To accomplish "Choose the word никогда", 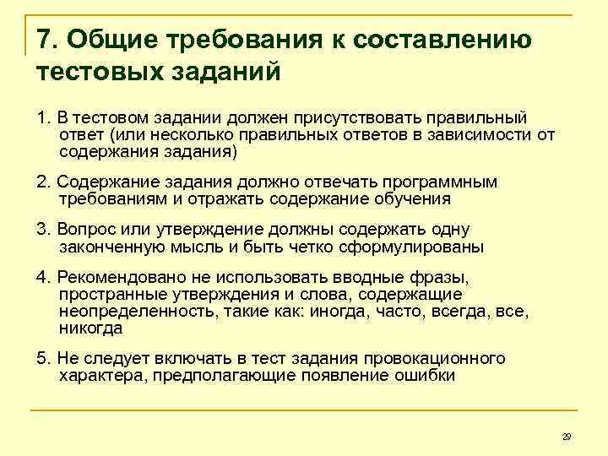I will coord(91,328).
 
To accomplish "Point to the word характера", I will coord(102,376).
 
